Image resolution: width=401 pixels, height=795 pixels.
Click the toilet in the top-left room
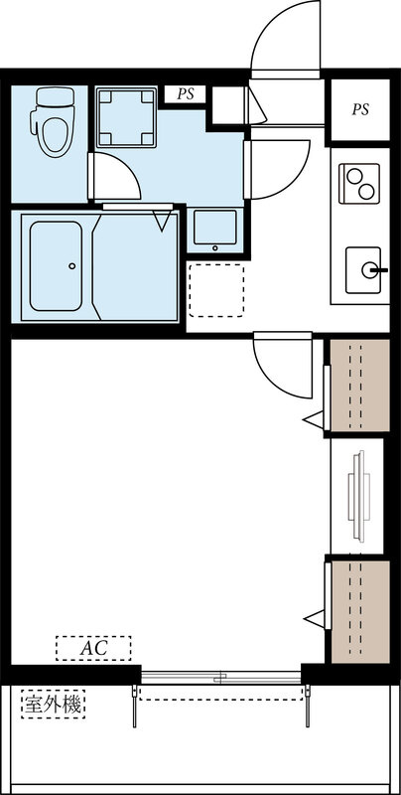[54, 121]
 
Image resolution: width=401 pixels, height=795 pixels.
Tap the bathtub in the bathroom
[56, 266]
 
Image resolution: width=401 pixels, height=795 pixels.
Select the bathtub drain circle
[72, 265]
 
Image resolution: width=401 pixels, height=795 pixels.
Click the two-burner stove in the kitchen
[359, 184]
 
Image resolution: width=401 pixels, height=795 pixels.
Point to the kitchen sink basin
[363, 270]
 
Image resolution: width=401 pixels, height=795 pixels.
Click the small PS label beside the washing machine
[186, 94]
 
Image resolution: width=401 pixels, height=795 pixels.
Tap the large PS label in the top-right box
[360, 109]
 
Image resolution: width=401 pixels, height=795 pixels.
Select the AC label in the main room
[93, 648]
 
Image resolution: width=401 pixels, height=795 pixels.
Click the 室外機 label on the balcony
[54, 705]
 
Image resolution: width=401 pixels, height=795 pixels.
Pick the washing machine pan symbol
[126, 117]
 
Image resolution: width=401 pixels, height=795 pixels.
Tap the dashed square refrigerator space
[216, 290]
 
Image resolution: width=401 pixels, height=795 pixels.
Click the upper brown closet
[360, 386]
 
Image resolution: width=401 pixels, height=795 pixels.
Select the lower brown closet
[360, 611]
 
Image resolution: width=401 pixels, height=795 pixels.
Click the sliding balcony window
[221, 678]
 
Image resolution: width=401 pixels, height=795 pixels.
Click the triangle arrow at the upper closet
[314, 419]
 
